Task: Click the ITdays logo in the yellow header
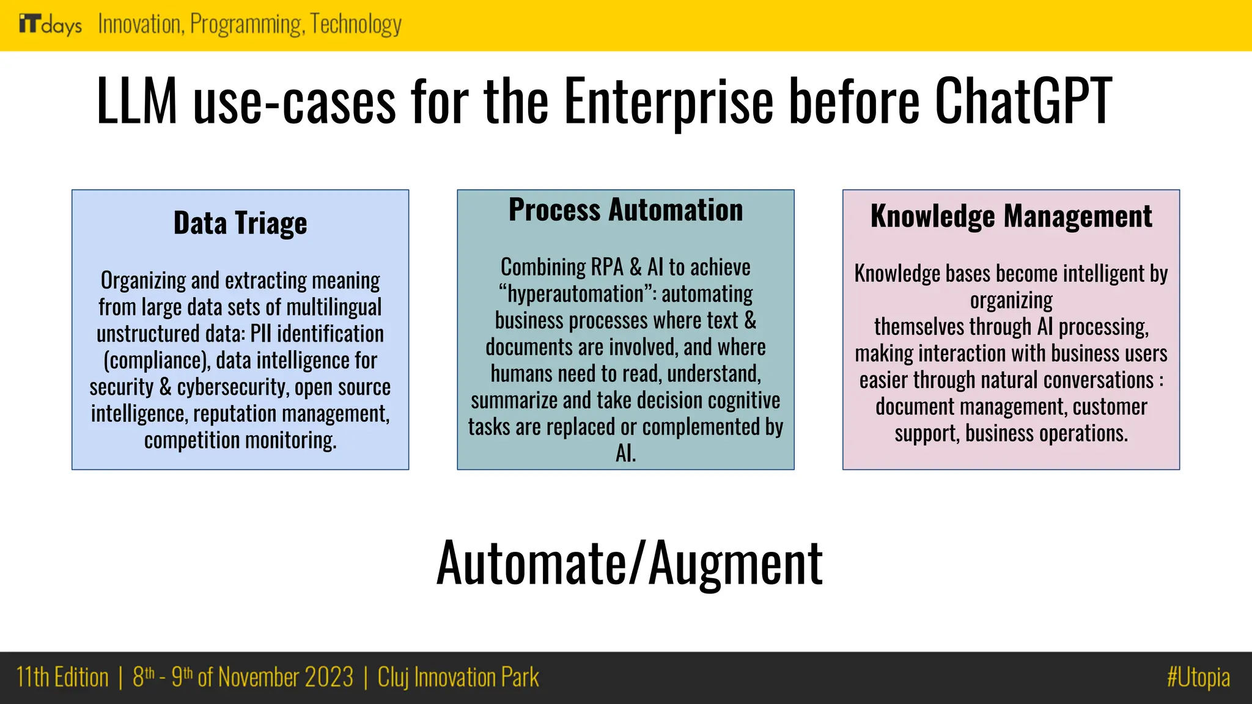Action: (x=50, y=25)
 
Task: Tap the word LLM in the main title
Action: (x=137, y=101)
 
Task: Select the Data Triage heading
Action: (x=240, y=223)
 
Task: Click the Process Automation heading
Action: (x=625, y=210)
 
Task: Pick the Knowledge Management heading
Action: (x=1011, y=216)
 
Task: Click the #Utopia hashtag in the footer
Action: (x=1198, y=678)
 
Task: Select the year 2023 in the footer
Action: (x=329, y=678)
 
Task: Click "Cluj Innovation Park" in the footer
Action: (x=458, y=678)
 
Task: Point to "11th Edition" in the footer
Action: (x=62, y=678)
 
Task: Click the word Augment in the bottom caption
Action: (x=735, y=563)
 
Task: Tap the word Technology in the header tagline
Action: (x=356, y=24)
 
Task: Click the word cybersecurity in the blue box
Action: (x=232, y=387)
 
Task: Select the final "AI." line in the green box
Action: (x=625, y=453)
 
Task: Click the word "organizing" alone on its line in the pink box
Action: (x=1011, y=301)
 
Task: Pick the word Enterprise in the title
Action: (x=669, y=101)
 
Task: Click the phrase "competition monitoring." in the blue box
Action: (x=240, y=441)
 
